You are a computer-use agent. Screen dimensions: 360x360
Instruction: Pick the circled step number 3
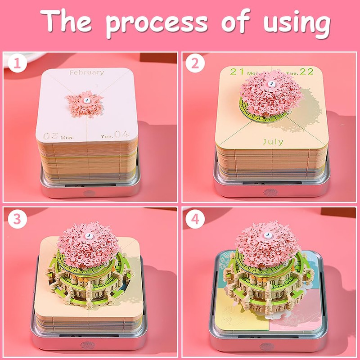click(x=17, y=219)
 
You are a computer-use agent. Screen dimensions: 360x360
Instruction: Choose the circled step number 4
click(x=195, y=219)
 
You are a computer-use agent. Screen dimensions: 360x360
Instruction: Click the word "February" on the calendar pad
click(x=86, y=72)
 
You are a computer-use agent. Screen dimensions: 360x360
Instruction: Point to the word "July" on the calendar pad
click(x=273, y=142)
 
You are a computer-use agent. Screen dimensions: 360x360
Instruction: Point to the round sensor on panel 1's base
click(x=89, y=193)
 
